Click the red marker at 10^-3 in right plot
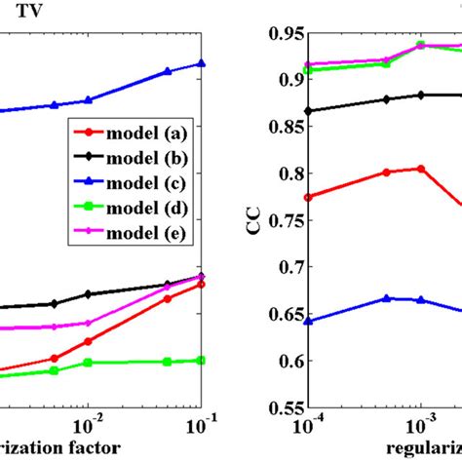point(420,169)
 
